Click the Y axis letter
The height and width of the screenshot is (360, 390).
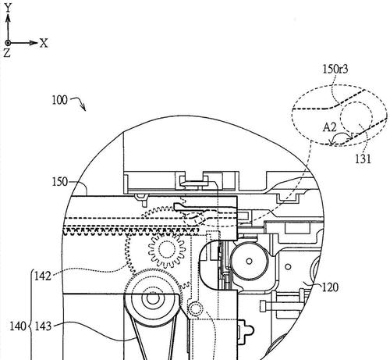click(x=9, y=8)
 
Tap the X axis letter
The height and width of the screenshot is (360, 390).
click(x=44, y=43)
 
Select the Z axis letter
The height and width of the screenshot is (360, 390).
click(x=7, y=53)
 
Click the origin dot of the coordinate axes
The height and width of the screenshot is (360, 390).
click(x=8, y=43)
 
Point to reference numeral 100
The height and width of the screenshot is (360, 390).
click(x=59, y=100)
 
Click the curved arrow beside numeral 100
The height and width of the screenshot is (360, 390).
click(x=80, y=102)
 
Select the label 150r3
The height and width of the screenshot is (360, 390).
click(x=335, y=70)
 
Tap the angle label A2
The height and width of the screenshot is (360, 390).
click(x=330, y=127)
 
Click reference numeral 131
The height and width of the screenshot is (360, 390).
click(x=363, y=159)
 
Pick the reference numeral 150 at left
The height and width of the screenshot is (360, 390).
click(x=60, y=182)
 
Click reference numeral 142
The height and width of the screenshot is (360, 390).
click(x=43, y=276)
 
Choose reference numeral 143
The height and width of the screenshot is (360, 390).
click(x=43, y=326)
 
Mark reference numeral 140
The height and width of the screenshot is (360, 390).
click(x=18, y=326)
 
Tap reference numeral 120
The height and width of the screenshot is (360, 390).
click(x=330, y=287)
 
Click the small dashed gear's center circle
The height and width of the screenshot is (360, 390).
click(x=167, y=250)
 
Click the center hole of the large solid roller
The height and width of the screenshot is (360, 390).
click(x=249, y=261)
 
